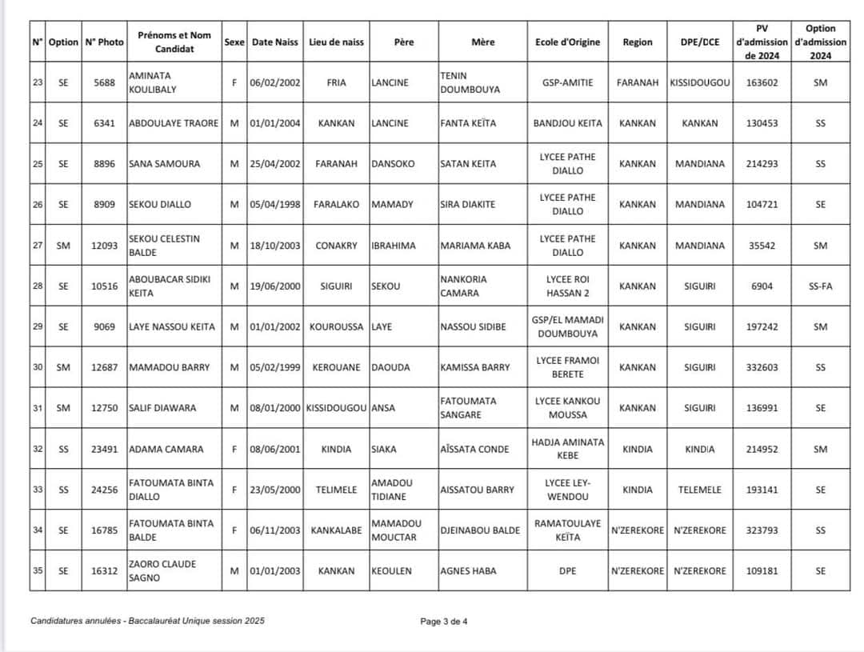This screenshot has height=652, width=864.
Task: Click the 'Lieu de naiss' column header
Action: tap(336, 42)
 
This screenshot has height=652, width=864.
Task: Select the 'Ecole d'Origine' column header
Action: tap(567, 42)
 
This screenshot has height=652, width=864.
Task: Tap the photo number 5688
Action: tap(104, 82)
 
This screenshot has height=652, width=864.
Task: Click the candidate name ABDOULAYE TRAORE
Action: tap(174, 123)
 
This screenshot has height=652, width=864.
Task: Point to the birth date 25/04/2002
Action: tap(275, 164)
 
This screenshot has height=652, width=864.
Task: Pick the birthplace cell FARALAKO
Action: tap(336, 204)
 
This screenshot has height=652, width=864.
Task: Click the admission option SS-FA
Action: tap(820, 286)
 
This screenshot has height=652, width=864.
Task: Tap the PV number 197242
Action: tap(761, 327)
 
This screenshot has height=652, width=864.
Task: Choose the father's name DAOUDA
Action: tap(392, 367)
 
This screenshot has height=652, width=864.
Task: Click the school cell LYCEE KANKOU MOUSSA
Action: tap(567, 408)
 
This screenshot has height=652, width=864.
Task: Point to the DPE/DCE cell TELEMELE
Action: tap(699, 490)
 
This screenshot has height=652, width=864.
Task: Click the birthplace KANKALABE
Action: tap(336, 530)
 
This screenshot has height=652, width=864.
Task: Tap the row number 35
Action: tap(38, 571)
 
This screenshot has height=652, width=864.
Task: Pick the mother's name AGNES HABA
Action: tap(468, 571)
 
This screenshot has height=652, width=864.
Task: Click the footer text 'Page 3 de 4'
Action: tap(444, 621)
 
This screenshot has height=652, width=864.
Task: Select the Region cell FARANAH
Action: tap(638, 82)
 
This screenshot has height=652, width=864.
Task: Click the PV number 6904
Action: tap(761, 286)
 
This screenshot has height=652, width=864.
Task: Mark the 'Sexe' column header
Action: tap(234, 42)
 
